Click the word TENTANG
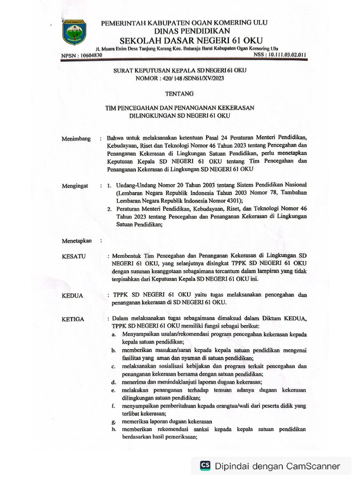point(180,94)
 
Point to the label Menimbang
point(76,139)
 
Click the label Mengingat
point(75,186)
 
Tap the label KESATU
point(74,256)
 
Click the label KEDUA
point(73,296)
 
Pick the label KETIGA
point(73,319)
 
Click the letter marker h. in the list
point(113,429)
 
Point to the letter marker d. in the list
point(113,382)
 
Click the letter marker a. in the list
point(113,335)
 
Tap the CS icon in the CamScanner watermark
point(205,465)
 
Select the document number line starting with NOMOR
point(180,79)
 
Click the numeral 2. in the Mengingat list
point(109,209)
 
